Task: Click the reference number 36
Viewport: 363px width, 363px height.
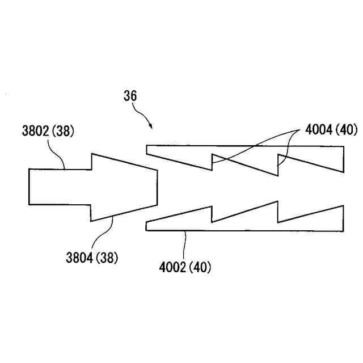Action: coord(130,96)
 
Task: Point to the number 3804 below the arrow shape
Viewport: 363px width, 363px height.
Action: coord(79,259)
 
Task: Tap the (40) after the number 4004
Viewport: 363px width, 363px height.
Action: coord(347,130)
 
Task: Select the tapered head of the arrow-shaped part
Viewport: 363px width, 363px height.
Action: coord(122,187)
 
